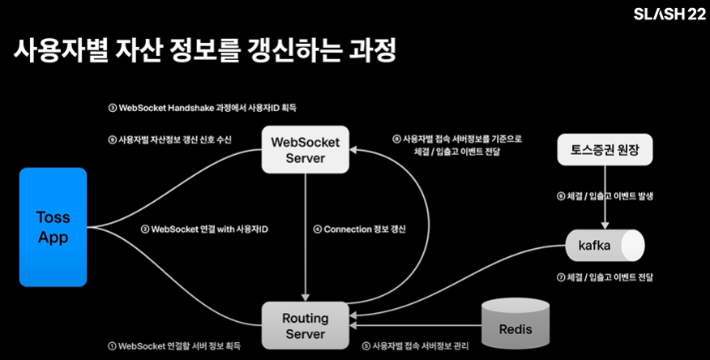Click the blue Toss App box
[53, 226]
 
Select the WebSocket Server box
[305, 149]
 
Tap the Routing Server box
[305, 326]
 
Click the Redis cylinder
[515, 328]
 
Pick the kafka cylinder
[603, 243]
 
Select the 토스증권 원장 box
[603, 150]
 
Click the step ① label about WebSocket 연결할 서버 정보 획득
[175, 345]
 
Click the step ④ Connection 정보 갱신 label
[359, 229]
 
